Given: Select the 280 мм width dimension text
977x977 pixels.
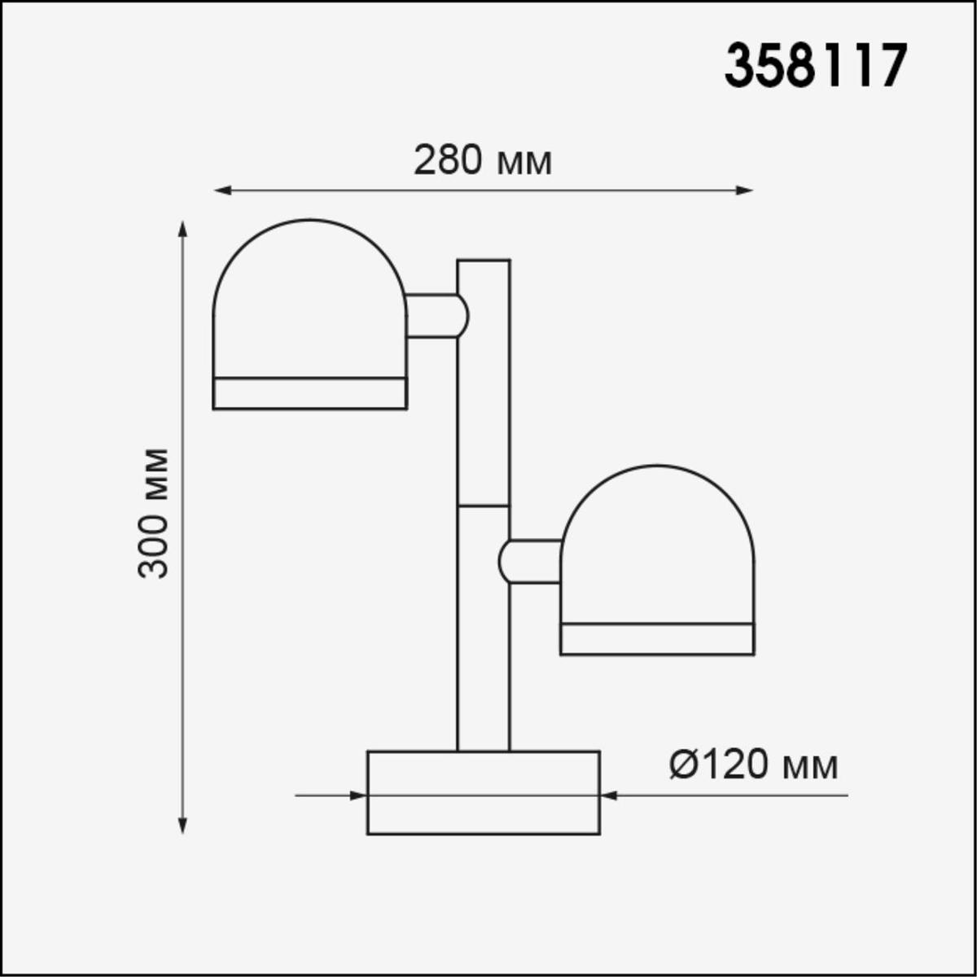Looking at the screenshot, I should coord(483,160).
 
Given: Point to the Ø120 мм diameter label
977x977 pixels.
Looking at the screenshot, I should coord(753,765).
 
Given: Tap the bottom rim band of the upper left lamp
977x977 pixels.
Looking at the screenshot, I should coord(309,393).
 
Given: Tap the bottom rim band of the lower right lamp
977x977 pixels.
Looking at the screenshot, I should coord(657,639).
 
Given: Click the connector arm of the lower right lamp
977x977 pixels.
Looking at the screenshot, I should coord(531,561).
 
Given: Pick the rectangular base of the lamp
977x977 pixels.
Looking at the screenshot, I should coord(484,792).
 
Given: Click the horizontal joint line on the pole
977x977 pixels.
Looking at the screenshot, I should coord(484,506).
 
